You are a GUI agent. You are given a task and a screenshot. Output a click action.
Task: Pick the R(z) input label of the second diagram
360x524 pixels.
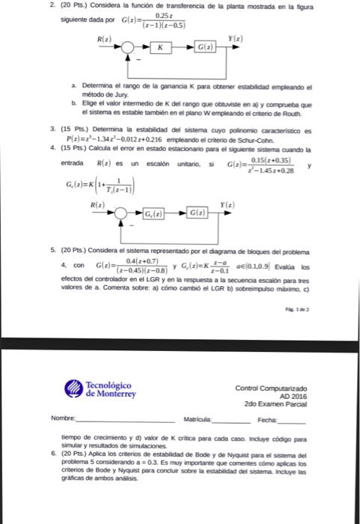click(98, 203)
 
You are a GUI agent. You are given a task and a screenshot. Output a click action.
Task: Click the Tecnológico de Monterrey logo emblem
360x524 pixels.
click(74, 389)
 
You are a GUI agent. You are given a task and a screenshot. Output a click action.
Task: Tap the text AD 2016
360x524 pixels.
click(292, 396)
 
